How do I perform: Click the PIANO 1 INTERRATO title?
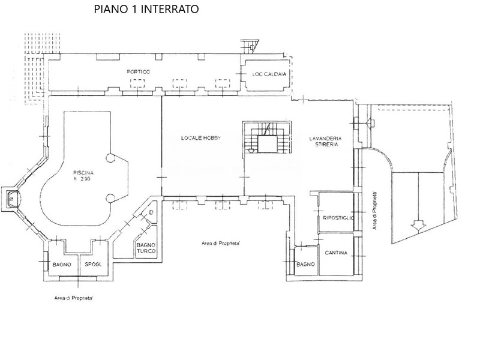[146, 9]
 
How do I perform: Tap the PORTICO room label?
[139, 72]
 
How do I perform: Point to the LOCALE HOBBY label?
[201, 138]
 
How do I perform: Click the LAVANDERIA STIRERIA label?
[325, 141]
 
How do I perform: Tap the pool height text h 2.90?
[82, 179]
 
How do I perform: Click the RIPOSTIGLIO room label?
[338, 218]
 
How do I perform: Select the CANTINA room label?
[336, 253]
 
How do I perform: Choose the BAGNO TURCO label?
[146, 248]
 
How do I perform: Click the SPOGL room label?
[93, 264]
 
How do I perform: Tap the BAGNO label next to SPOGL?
[62, 265]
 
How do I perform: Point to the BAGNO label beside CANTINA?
[305, 264]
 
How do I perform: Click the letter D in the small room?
[151, 212]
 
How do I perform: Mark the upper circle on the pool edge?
[110, 158]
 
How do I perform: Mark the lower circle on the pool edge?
[110, 199]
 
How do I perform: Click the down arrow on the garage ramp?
[418, 226]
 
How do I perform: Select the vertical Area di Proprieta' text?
[374, 211]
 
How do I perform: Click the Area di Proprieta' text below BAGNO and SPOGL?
[73, 298]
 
